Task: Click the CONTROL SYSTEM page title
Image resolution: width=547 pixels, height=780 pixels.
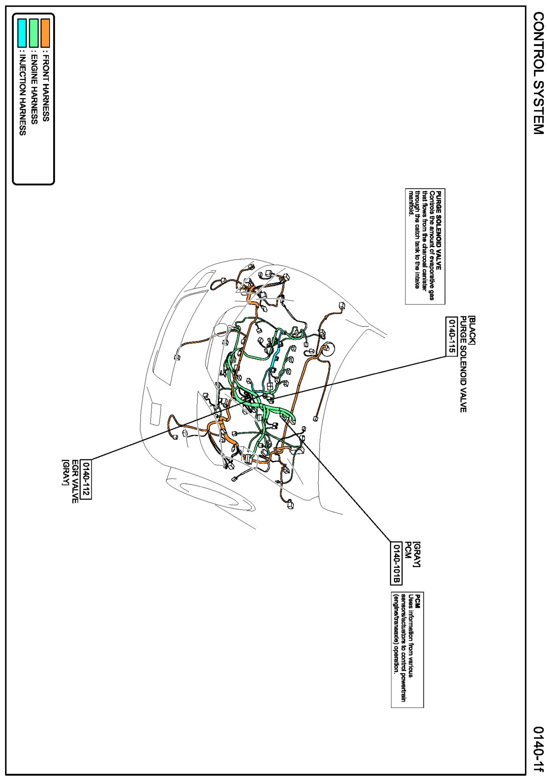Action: pyautogui.click(x=538, y=73)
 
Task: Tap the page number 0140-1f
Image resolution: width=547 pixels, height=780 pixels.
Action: pyautogui.click(x=538, y=748)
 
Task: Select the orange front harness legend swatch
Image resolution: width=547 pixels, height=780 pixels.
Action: pyautogui.click(x=45, y=33)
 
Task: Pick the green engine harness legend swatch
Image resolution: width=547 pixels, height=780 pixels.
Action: pyautogui.click(x=34, y=33)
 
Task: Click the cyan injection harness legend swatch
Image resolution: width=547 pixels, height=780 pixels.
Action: pyautogui.click(x=22, y=33)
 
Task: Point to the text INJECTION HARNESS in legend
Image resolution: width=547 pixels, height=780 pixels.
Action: pyautogui.click(x=22, y=95)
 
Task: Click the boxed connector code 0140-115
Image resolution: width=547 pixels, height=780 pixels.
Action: pyautogui.click(x=451, y=336)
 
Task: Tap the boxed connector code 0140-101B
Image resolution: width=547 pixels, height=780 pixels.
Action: pyautogui.click(x=396, y=563)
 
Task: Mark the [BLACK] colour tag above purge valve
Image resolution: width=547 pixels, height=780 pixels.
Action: pyautogui.click(x=472, y=330)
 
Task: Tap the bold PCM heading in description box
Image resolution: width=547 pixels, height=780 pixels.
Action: pyautogui.click(x=418, y=601)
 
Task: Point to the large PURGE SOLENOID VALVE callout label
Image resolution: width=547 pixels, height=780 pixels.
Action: pyautogui.click(x=463, y=364)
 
